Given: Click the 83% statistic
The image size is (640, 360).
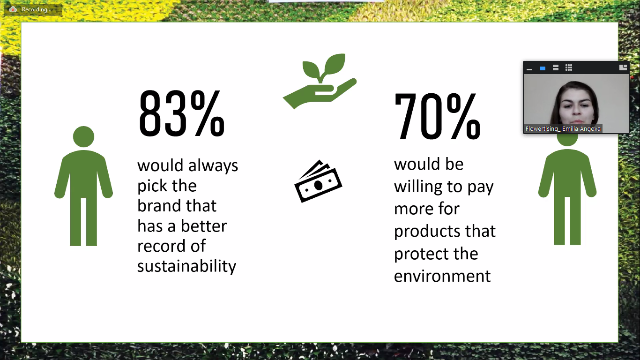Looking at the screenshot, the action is pos(182,113).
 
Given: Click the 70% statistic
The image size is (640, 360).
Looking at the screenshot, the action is pos(437,116).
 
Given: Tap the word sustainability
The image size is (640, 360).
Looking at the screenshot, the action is pos(187,266).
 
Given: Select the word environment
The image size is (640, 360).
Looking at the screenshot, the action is pos(442,276).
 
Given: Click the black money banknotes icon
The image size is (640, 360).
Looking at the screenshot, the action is pos(318,181).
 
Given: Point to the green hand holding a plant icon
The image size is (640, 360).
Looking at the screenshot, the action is pos(320,81).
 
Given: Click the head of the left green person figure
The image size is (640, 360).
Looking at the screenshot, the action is pos(83,137).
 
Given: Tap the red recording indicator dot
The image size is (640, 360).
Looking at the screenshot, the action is pos(13,9).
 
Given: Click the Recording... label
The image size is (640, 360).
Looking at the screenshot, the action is pos(37,9).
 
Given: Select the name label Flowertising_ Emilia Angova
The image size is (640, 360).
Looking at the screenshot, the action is pos(563,129).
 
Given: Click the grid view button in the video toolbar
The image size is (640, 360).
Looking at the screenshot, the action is pos(569,67).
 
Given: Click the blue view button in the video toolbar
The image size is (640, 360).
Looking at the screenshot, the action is pos(542,68).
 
